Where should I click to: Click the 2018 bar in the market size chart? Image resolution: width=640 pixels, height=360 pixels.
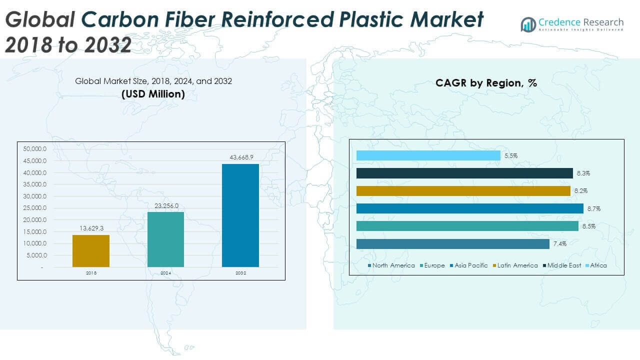[x=91, y=250]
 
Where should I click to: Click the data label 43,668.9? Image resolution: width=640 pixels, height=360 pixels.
[x=240, y=157]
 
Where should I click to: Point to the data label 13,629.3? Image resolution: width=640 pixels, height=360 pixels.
[x=91, y=228]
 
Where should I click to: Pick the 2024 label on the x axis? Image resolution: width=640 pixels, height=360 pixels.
[x=166, y=273]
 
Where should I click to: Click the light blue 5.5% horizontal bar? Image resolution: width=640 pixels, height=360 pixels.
[x=428, y=155]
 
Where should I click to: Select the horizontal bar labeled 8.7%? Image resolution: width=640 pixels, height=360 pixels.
[x=469, y=208]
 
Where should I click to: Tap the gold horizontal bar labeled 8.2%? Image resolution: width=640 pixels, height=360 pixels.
[x=463, y=191]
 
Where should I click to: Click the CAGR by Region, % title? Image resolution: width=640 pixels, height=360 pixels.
[x=486, y=83]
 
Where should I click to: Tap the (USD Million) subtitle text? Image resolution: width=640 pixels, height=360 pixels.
[x=153, y=93]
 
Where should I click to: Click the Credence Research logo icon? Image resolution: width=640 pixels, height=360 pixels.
[x=528, y=24]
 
